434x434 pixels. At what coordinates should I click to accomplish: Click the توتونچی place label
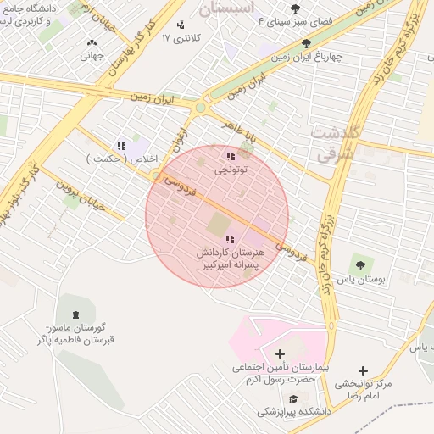click(x=231, y=170)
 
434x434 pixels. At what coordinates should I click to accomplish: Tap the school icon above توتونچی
click(x=231, y=156)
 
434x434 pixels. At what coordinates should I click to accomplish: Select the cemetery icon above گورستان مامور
click(x=67, y=314)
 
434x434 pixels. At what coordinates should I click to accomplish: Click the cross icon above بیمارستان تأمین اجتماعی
click(x=281, y=353)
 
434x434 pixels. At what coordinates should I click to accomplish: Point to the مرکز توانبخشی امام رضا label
click(x=363, y=390)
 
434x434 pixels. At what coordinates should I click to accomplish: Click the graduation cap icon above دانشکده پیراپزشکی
click(x=293, y=398)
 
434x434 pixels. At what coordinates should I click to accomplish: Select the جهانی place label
click(x=92, y=56)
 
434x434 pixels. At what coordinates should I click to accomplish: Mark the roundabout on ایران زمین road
click(x=200, y=108)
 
